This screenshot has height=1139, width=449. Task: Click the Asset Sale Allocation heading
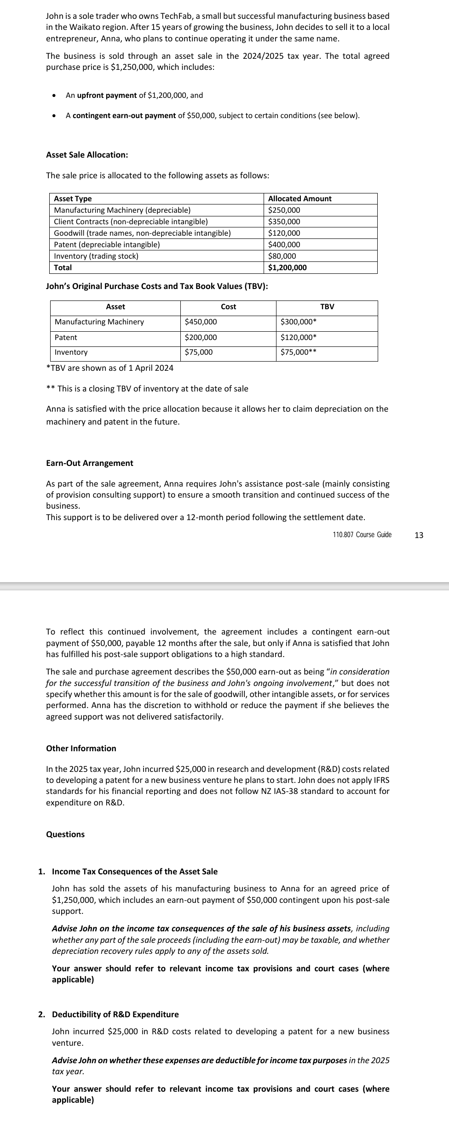tap(87, 155)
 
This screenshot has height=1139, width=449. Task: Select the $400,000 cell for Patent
tap(284, 244)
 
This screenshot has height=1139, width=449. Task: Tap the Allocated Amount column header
tap(299, 198)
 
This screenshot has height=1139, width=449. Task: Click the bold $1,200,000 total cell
tap(287, 267)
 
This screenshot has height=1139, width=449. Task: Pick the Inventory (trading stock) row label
tap(96, 256)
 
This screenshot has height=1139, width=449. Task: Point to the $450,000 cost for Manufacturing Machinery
tap(201, 322)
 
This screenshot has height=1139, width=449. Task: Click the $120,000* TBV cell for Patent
tap(299, 337)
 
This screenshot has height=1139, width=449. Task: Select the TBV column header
tap(327, 306)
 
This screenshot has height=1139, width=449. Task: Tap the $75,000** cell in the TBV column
tap(299, 352)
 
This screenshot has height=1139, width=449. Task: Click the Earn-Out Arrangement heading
tap(90, 463)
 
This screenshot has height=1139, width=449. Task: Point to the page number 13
tap(419, 535)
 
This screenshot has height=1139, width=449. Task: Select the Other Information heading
tap(81, 748)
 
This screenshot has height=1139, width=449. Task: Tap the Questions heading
tap(65, 834)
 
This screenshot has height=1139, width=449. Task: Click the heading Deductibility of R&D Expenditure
tap(115, 1014)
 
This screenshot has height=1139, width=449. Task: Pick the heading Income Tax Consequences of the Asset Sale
tap(135, 872)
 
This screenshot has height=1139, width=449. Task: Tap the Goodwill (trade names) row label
tap(142, 233)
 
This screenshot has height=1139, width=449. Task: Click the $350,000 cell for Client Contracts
tap(284, 221)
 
